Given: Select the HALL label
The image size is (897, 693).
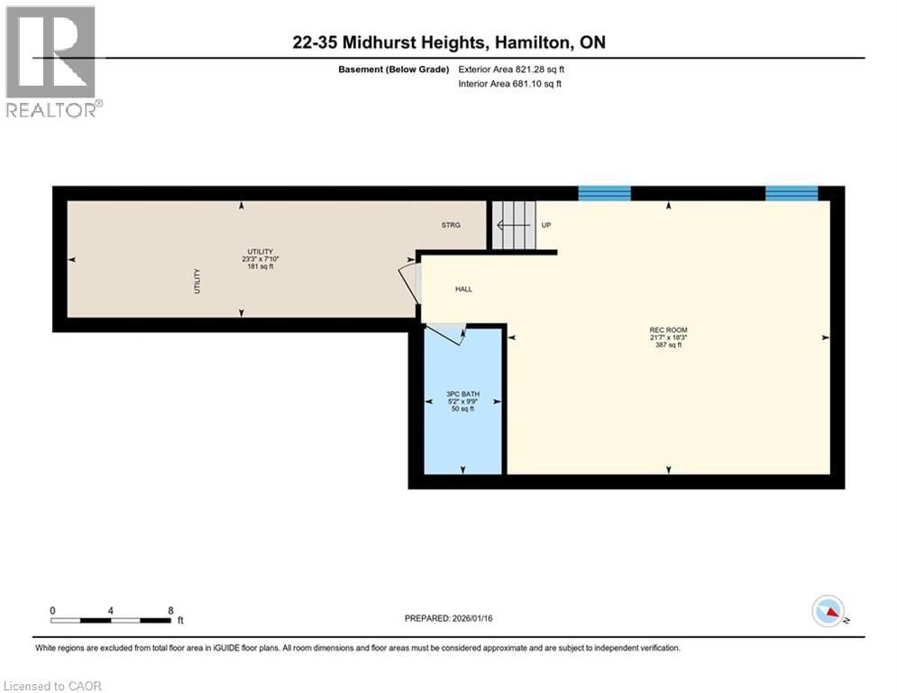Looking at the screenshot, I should (x=462, y=290).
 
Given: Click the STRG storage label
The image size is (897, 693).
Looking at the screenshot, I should (x=451, y=225).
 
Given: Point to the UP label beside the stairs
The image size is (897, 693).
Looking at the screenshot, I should (x=545, y=225).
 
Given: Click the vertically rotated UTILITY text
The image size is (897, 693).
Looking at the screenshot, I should (x=197, y=282).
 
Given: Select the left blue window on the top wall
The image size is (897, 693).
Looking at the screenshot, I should (x=604, y=193).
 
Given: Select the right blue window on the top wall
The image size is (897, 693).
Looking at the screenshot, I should (x=792, y=193).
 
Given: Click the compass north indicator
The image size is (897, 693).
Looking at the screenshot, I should (x=828, y=612).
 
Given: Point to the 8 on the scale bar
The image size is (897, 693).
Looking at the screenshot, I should (x=170, y=610).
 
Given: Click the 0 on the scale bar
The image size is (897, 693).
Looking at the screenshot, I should (x=53, y=610).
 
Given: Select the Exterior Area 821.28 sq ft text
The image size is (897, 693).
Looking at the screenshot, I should (x=511, y=69).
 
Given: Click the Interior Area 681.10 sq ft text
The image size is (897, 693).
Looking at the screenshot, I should (x=511, y=84).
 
